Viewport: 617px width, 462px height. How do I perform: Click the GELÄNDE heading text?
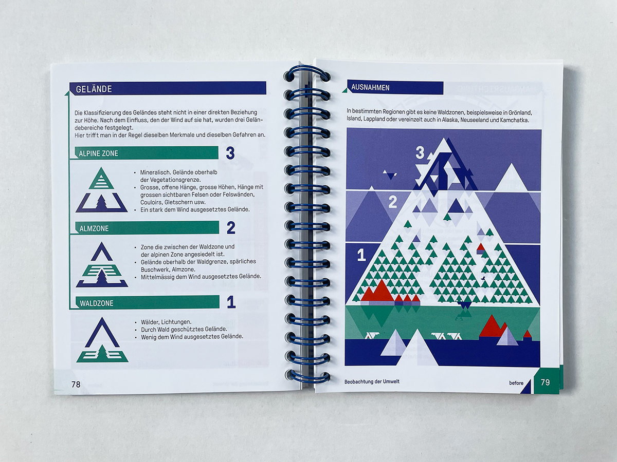(x=94, y=89)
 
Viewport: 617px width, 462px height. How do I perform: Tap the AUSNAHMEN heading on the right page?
(x=370, y=87)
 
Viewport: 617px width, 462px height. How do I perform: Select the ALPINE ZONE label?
(x=98, y=153)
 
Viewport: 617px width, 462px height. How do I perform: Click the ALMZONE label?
(x=94, y=228)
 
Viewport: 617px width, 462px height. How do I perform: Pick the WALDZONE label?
(x=97, y=303)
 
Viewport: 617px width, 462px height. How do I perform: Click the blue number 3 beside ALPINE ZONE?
(x=230, y=153)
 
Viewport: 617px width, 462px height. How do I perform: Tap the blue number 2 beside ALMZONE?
(x=231, y=228)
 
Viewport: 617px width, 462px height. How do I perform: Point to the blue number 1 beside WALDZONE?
(x=231, y=302)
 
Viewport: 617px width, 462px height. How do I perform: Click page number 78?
(x=76, y=384)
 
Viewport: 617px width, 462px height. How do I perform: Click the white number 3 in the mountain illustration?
(x=420, y=153)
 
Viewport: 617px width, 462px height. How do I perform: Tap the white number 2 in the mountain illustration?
(x=392, y=202)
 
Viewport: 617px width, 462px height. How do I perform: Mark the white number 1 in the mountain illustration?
(x=361, y=255)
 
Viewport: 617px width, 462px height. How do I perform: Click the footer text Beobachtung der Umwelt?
(x=372, y=381)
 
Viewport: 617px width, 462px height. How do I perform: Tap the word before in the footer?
(x=516, y=383)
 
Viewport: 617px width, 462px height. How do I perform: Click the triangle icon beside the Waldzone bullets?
(x=102, y=340)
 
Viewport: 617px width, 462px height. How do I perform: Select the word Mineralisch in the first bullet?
(x=155, y=172)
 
